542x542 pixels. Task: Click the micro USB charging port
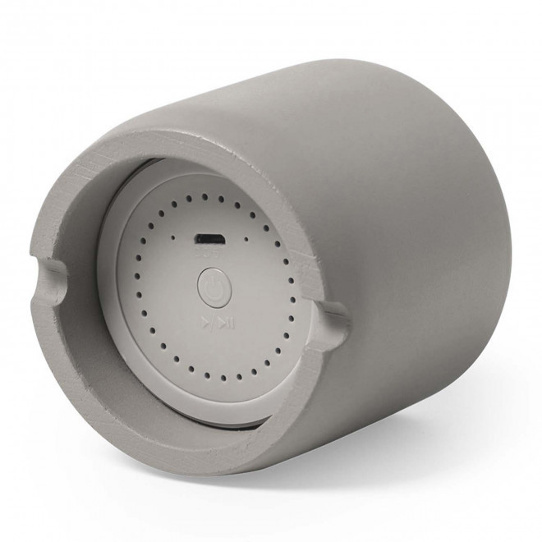(x=209, y=240)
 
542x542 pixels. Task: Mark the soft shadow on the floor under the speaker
(x=345, y=501)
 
